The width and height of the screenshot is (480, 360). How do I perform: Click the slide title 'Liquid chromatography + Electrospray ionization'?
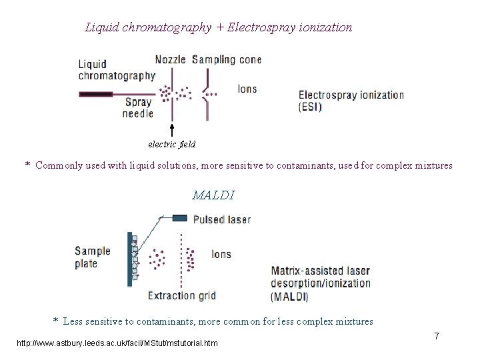(219, 27)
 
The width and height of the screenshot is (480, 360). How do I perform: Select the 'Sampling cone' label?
(227, 59)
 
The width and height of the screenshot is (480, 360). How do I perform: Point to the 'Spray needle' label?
(138, 107)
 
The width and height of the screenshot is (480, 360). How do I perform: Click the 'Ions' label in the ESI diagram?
(247, 89)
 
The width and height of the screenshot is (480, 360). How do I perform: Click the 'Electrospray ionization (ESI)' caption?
(351, 100)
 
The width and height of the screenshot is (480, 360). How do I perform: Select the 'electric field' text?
(172, 143)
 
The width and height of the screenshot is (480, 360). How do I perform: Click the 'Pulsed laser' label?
(222, 219)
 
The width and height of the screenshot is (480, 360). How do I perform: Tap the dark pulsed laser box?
(180, 218)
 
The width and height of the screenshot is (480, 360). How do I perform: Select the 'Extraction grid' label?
(181, 295)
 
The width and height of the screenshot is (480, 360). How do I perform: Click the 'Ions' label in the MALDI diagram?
(221, 254)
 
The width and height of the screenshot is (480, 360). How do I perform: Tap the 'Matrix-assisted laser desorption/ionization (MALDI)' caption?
(321, 283)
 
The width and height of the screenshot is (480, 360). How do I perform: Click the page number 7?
(436, 336)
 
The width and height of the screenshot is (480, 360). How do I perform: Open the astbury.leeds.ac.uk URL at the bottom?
(117, 343)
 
